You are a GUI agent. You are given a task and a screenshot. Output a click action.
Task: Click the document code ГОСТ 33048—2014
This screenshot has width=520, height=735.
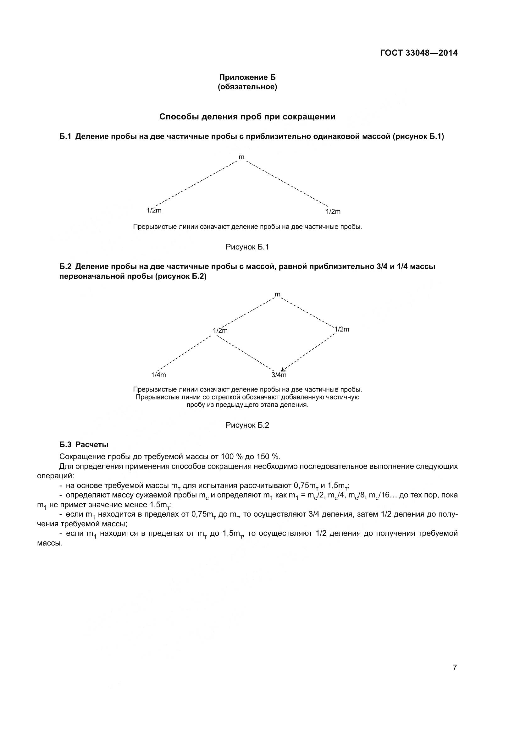pyautogui.click(x=419, y=53)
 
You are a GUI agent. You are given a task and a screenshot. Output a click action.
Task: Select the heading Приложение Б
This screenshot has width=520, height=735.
pyautogui.click(x=247, y=77)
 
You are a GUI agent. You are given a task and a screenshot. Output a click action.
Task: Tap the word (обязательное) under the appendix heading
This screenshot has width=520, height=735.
pyautogui.click(x=247, y=87)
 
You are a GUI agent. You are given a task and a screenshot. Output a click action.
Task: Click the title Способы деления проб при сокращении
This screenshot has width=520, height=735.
pyautogui.click(x=247, y=117)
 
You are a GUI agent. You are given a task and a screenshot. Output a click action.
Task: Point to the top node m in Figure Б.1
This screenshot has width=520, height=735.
pyautogui.click(x=241, y=157)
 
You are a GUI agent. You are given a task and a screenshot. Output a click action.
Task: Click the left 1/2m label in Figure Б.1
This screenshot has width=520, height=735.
pyautogui.click(x=154, y=210)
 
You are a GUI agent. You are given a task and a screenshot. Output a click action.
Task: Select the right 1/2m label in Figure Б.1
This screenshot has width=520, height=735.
pyautogui.click(x=333, y=211)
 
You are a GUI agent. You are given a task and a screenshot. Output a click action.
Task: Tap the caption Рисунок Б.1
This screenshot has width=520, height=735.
pyautogui.click(x=247, y=247)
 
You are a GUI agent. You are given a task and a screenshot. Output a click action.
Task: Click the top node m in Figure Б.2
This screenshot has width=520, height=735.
pyautogui.click(x=277, y=294)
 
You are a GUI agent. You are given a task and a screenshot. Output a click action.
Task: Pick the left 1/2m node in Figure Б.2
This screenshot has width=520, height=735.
pyautogui.click(x=220, y=330)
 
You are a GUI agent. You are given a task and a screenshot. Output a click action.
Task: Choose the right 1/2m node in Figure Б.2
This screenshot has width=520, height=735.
pyautogui.click(x=342, y=329)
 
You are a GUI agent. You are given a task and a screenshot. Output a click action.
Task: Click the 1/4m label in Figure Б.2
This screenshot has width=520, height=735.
pyautogui.click(x=158, y=375)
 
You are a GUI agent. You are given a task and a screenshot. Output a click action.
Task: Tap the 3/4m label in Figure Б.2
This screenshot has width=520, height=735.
pyautogui.click(x=279, y=375)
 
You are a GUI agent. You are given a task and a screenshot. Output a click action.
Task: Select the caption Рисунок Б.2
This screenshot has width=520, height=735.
pyautogui.click(x=247, y=425)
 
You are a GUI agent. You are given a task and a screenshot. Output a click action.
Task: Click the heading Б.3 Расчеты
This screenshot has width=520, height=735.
pyautogui.click(x=84, y=445)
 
